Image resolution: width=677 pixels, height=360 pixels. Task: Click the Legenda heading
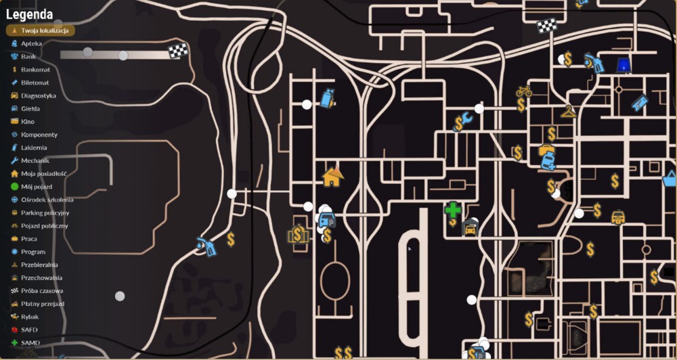point(29,15)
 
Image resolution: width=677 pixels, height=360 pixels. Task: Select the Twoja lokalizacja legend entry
point(41,30)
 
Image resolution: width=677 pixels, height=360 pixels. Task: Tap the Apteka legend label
point(32,43)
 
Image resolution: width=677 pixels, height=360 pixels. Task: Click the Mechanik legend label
point(35,160)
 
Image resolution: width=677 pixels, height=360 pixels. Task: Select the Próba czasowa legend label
point(42,291)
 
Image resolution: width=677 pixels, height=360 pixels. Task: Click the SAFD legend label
point(29,330)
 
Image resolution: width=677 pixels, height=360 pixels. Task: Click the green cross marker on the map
point(453,210)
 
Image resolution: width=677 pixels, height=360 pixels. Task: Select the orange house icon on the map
point(332,177)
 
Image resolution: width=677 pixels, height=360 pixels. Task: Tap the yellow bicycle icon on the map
point(524,91)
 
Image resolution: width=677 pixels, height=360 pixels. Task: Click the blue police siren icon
point(623,65)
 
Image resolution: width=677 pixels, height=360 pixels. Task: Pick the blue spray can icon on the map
point(327,98)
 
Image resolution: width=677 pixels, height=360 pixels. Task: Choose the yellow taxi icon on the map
point(618,217)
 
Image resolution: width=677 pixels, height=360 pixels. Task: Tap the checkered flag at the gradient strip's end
point(178,51)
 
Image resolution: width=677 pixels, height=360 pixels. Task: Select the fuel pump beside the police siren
point(594,63)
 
